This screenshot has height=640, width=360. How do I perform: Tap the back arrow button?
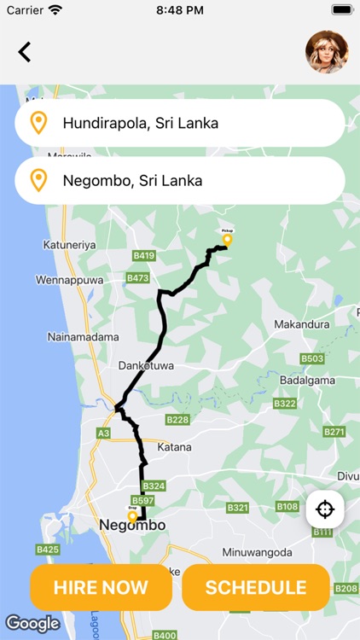point(25,52)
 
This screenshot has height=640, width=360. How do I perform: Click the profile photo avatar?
point(327,52)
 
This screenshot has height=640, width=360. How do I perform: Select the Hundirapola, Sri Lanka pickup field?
point(179,123)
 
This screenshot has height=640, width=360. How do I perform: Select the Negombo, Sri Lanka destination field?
point(179,181)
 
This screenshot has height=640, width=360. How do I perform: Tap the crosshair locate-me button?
point(325,510)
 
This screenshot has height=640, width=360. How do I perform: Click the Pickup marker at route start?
point(227,239)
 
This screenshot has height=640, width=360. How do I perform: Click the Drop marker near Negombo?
point(132,515)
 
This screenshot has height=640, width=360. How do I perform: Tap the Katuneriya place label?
point(69,245)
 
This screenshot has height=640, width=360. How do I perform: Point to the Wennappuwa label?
point(69,279)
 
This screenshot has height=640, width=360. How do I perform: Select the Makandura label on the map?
point(302,324)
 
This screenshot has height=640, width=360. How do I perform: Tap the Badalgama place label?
point(308,381)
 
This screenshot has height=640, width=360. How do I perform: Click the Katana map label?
point(174,446)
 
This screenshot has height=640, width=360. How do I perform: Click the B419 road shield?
point(144,255)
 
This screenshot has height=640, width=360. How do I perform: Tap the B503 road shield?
point(312,358)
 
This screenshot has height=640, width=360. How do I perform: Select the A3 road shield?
point(103,433)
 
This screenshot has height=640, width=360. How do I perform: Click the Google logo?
point(32,624)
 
